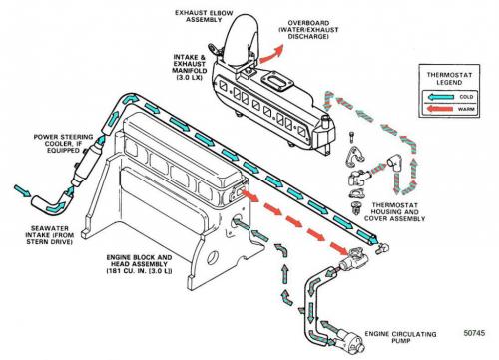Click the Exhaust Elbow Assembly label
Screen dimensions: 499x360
[x=204, y=16]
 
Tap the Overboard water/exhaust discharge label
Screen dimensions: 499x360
[x=308, y=30]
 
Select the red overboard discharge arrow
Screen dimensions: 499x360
[x=271, y=54]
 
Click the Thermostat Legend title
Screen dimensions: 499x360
[x=449, y=79]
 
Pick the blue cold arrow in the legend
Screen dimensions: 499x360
[x=441, y=97]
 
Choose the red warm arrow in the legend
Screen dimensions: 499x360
[x=440, y=109]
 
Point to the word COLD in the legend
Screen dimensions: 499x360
[x=466, y=97]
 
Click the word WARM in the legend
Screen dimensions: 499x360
[x=466, y=109]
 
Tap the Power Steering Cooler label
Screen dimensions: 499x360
[x=63, y=144]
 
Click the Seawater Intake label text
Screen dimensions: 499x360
[x=50, y=235]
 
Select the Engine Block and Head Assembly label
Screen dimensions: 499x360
[x=139, y=264]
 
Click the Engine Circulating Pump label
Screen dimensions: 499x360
[x=400, y=337]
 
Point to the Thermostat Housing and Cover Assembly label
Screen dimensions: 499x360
[x=394, y=212]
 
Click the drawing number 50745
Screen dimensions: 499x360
[x=474, y=333]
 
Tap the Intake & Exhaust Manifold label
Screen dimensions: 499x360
[x=189, y=67]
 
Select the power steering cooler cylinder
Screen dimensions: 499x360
[x=86, y=163]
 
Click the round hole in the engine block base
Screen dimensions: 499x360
[x=213, y=258]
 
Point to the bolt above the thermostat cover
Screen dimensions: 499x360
[x=352, y=138]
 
